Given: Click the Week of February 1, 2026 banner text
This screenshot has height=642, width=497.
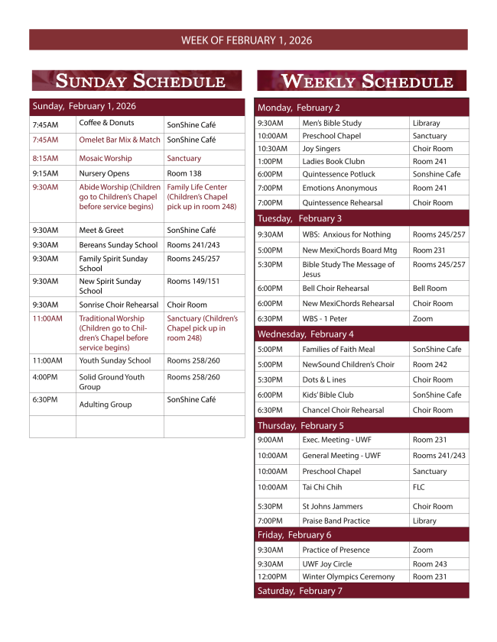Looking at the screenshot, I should (246, 40).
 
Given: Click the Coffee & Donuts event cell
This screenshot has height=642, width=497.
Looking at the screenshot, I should (106, 123).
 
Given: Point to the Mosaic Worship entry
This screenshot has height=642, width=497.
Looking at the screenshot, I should (106, 159).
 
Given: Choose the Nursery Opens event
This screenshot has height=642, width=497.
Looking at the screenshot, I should (104, 174).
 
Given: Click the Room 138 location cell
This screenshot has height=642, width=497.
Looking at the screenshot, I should (184, 174).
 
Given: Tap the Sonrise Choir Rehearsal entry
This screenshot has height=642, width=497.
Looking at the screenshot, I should (119, 305).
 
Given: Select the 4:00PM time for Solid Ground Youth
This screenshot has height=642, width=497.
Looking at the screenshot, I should (46, 377).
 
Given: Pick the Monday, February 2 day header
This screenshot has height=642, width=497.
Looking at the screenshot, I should (299, 108).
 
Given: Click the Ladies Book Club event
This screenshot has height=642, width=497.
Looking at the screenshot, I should (333, 162).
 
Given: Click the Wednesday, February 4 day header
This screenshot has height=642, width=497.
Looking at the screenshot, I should (306, 334).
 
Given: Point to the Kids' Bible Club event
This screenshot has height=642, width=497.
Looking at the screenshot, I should (328, 395).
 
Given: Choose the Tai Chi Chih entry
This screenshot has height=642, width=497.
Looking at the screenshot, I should (322, 487).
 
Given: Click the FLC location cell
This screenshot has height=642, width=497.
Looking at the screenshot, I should (419, 487).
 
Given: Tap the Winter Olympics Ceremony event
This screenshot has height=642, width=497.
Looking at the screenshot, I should (349, 577).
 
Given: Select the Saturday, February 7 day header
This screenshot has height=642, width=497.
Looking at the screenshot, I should (300, 591).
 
